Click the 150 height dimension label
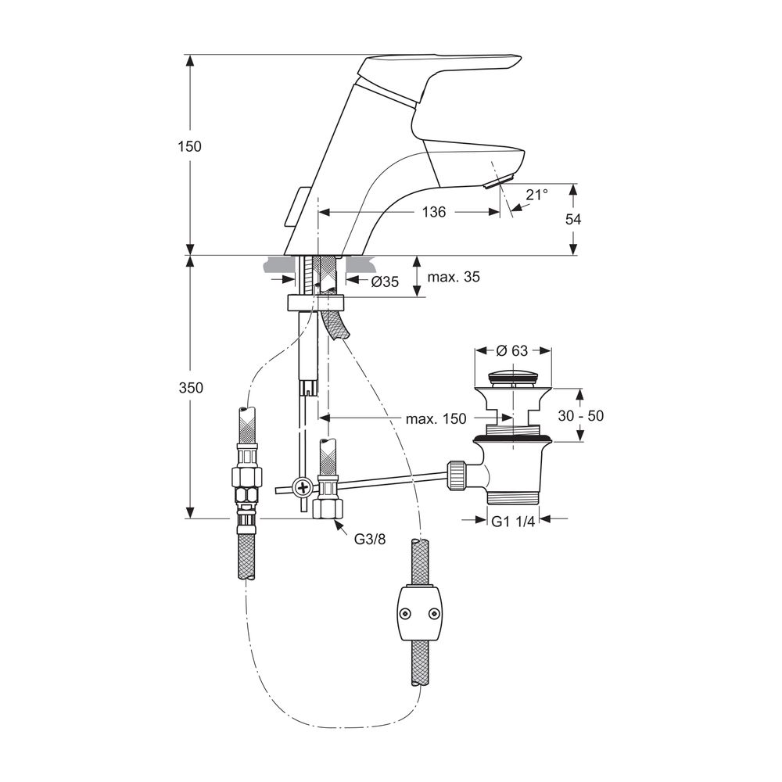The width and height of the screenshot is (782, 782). point(189,146)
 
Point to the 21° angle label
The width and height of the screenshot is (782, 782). point(537,195)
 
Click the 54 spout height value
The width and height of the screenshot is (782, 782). point(573,220)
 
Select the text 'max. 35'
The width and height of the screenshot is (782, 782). point(454,277)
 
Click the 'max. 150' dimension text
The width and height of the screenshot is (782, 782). point(436,418)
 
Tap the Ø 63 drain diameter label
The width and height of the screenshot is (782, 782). point(513,350)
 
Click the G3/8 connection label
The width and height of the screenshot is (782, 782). point(371,539)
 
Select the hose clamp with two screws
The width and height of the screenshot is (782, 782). point(419,612)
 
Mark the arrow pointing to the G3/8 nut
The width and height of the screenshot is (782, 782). point(343,527)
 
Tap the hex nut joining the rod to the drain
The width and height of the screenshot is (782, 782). point(457,475)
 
